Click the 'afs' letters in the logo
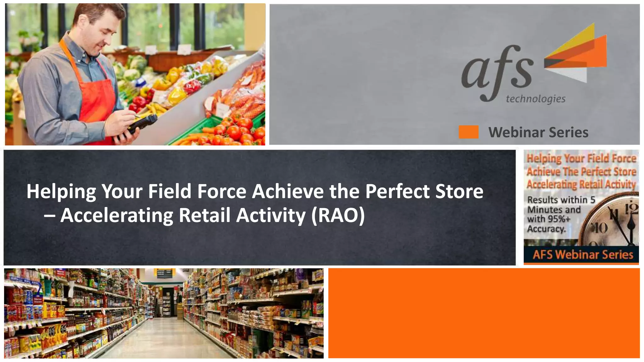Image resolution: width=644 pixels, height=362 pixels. [x=497, y=71]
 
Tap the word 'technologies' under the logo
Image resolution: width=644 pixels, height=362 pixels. [x=535, y=99]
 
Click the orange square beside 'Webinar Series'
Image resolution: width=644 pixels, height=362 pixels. [x=469, y=132]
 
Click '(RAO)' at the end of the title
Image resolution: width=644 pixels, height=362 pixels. [x=338, y=215]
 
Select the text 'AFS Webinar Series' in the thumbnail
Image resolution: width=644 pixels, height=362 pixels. [x=582, y=255]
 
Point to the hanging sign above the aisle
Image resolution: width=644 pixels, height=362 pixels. [x=164, y=273]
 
